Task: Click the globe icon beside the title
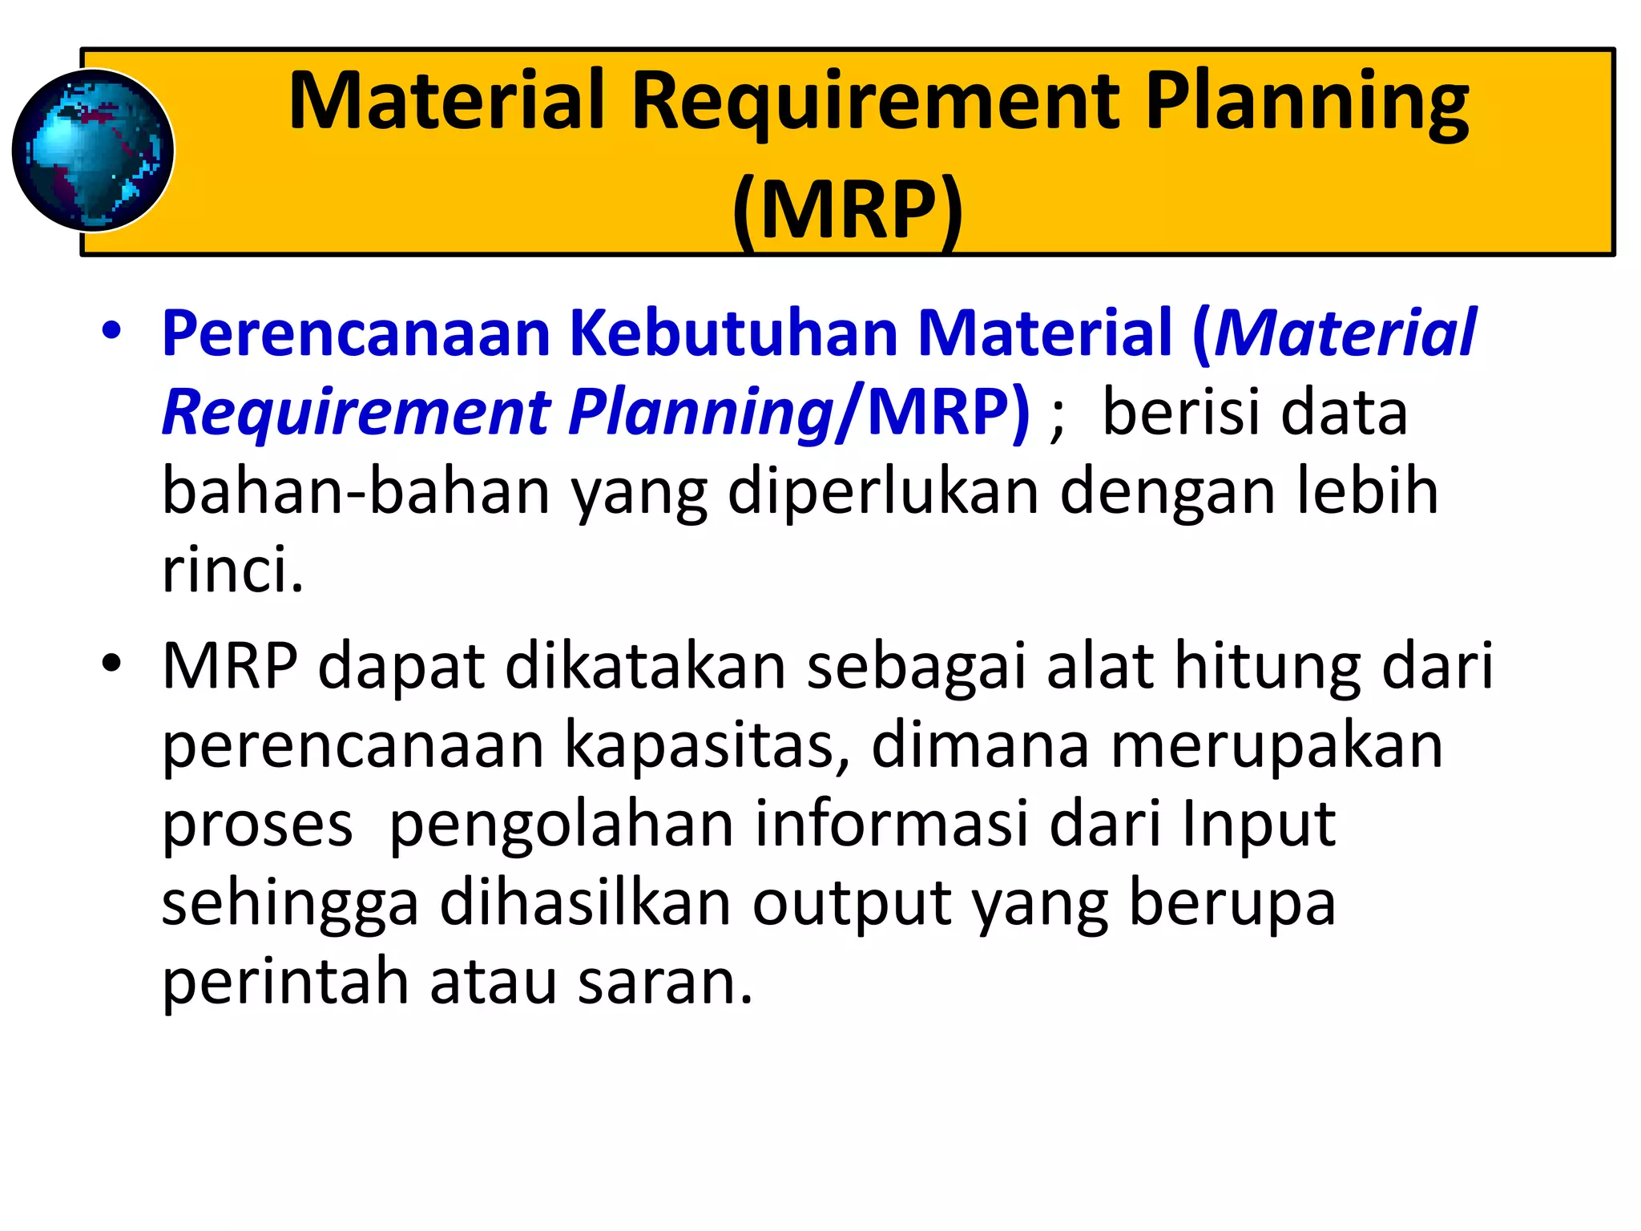(93, 151)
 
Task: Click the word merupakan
(1276, 745)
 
